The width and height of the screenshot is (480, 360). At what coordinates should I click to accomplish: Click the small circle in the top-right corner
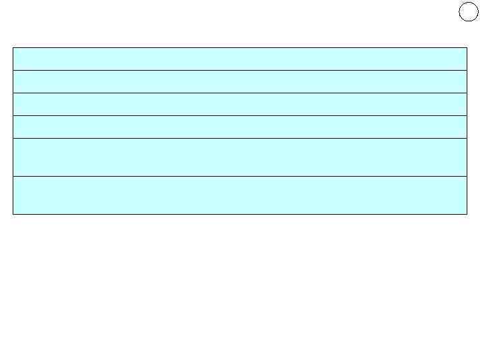(469, 12)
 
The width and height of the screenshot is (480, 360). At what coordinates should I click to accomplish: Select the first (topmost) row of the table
(240, 59)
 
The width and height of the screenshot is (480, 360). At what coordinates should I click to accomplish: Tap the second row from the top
(240, 81)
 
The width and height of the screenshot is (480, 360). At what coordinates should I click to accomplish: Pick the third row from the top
(240, 104)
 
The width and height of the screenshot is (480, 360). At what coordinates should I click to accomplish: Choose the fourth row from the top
(240, 127)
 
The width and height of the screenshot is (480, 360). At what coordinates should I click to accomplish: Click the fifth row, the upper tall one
(240, 157)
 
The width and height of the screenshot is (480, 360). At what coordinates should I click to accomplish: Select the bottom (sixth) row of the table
(240, 195)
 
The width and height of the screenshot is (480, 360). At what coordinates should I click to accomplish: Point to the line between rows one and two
(240, 70)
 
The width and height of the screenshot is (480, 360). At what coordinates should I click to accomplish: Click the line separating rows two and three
(240, 93)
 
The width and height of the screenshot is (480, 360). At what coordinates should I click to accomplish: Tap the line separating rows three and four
(240, 115)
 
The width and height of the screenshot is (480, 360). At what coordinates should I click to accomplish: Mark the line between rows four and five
(240, 138)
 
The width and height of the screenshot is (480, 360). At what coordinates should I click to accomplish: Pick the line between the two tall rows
(240, 176)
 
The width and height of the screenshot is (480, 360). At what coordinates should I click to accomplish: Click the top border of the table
(240, 47)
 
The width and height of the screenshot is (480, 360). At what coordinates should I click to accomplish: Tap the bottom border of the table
(240, 214)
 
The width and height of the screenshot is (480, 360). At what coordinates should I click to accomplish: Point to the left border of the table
(13, 131)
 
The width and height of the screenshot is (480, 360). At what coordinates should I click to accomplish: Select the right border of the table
(467, 131)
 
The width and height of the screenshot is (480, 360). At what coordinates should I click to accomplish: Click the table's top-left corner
(13, 47)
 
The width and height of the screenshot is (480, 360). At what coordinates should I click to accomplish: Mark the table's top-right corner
(467, 47)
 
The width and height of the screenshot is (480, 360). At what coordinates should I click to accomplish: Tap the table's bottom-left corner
(13, 214)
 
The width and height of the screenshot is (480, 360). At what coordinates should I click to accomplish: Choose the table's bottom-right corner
(467, 214)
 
